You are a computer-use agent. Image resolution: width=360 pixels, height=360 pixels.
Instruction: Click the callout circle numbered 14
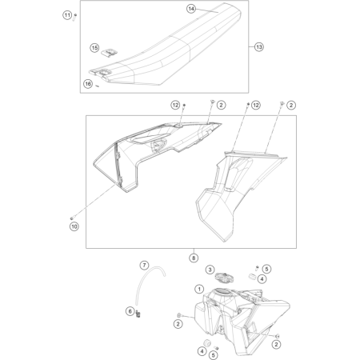coord(191,9)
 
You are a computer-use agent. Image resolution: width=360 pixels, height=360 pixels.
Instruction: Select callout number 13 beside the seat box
coord(259,47)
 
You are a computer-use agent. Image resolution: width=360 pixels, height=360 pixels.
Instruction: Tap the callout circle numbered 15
coord(94,48)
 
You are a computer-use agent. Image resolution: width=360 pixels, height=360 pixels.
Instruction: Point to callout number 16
coord(88,84)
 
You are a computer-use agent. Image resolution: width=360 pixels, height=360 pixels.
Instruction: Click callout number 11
coord(67,15)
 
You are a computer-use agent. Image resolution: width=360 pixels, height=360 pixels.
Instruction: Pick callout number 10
coord(74,226)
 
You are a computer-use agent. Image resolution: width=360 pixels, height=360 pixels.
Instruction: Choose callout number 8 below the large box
coord(194,258)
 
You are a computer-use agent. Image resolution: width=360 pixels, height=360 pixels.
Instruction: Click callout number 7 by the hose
coord(144,266)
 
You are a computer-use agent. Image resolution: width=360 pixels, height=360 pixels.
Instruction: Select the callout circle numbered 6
coord(130,311)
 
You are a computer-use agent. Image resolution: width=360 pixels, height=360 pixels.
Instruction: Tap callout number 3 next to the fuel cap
coord(210,270)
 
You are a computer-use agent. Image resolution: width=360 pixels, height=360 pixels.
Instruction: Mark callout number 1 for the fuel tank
coord(199,289)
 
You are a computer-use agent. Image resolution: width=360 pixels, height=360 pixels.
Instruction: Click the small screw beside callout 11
coord(75,17)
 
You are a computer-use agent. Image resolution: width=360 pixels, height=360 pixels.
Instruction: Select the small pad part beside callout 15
coord(109,52)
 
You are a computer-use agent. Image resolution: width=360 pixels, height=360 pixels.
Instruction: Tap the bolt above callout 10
coord(72,218)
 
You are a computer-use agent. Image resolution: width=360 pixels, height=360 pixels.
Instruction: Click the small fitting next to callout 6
coord(138,314)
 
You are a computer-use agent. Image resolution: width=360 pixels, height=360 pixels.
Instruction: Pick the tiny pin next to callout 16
coord(98,86)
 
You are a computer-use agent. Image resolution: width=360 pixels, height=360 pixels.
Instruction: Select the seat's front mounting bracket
coord(102,73)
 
